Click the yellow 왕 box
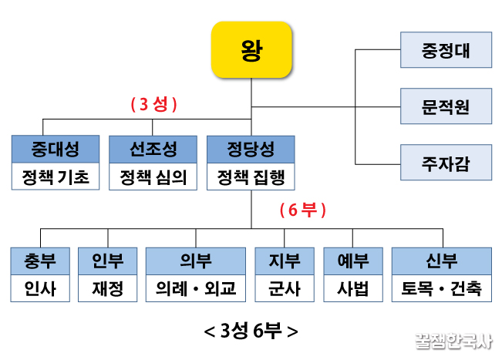point(251,50)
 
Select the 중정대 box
point(446,53)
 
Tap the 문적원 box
point(446,106)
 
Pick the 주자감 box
point(446,162)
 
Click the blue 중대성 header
point(56,148)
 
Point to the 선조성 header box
point(153,148)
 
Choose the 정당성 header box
point(251,148)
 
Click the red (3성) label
point(153,106)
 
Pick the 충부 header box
point(40,261)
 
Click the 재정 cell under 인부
point(107,289)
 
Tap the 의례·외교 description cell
point(196,289)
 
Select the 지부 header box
point(284,261)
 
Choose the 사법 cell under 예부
point(352,289)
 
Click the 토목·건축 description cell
point(441,289)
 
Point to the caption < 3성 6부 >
point(251,331)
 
